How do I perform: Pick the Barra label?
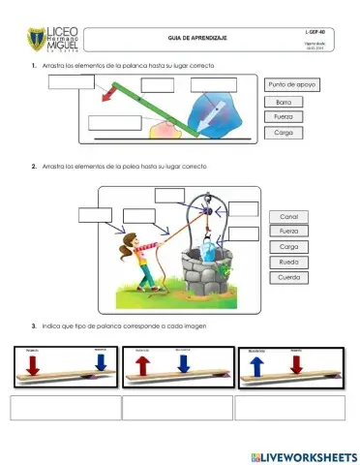tap(284, 101)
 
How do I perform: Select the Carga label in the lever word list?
tap(284, 132)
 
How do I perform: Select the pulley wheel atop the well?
tap(205, 207)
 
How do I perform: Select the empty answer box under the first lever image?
tap(64, 407)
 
